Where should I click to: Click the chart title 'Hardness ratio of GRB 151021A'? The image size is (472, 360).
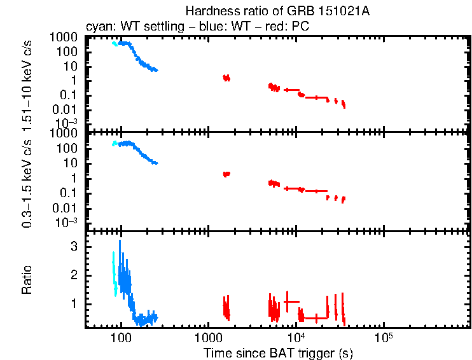[278, 11]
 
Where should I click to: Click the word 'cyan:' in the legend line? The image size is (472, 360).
[99, 27]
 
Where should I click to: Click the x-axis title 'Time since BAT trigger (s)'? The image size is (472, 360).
[278, 352]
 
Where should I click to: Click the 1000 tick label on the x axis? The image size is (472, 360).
[208, 337]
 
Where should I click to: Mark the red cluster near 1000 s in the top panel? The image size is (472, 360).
[226, 78]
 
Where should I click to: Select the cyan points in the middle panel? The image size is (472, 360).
[115, 144]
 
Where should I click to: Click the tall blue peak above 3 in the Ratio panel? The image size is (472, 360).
[119, 246]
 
